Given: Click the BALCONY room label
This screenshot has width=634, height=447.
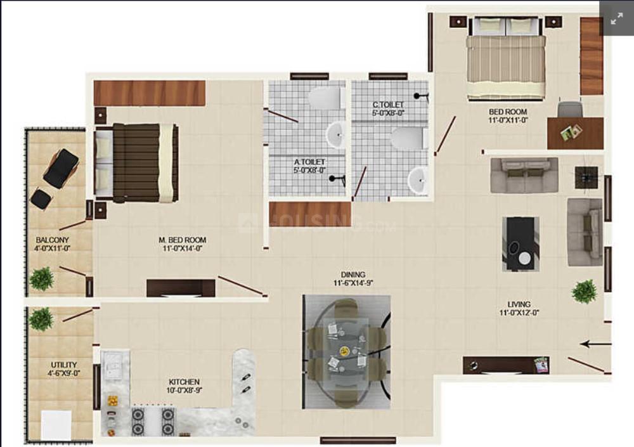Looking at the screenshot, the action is click(52, 240).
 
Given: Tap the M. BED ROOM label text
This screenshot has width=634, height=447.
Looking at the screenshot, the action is click(183, 240).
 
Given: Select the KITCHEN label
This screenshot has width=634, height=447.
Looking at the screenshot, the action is click(184, 382).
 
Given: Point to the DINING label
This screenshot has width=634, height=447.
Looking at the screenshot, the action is click(353, 275).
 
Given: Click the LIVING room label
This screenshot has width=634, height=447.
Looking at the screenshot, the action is click(519, 304).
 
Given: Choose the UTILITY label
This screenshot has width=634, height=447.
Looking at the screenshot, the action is click(64, 365).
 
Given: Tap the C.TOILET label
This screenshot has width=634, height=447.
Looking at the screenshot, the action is click(388, 105).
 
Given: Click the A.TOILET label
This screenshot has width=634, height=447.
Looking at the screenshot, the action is click(309, 162).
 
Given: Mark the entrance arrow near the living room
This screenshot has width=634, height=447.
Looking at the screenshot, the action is click(595, 344).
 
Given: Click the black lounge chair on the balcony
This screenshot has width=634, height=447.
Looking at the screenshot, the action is click(61, 167).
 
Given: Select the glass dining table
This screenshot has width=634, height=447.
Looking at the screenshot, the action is click(347, 352).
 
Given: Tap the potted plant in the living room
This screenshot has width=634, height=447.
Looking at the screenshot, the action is click(585, 291).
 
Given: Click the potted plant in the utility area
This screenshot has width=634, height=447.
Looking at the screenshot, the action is click(41, 319).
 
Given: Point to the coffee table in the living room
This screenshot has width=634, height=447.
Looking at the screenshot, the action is click(521, 244).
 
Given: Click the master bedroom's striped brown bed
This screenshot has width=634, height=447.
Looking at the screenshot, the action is click(136, 163).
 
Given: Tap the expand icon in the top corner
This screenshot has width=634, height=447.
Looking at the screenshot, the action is click(617, 18).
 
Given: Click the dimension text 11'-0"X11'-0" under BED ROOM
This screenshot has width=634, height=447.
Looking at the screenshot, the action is click(508, 120).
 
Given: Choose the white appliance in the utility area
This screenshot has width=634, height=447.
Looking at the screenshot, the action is click(56, 425).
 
